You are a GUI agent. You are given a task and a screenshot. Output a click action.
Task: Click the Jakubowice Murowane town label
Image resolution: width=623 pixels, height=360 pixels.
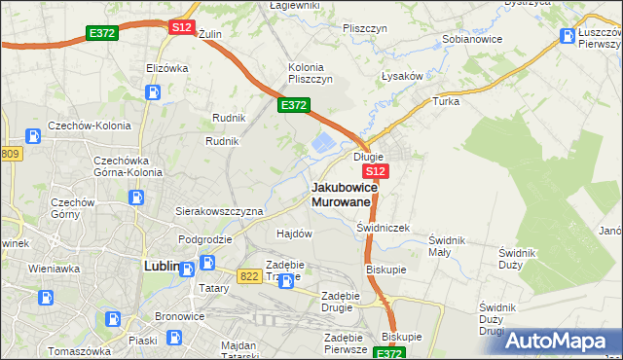(342, 194)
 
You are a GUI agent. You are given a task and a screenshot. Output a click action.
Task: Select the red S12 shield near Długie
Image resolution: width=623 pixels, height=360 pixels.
(378, 171)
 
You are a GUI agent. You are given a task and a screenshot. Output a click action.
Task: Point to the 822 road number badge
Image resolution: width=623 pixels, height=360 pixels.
(248, 275)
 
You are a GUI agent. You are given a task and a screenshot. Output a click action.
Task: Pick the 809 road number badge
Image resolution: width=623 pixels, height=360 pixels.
(10, 154)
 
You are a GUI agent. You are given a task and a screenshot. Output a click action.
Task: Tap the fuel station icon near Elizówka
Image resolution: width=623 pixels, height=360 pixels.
(152, 93)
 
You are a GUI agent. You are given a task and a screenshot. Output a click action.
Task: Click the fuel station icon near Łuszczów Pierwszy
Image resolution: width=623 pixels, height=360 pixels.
(568, 37)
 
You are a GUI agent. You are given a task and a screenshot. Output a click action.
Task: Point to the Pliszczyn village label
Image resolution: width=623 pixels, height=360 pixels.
(366, 28)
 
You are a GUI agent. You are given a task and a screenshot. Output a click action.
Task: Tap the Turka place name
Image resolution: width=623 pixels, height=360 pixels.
(446, 101)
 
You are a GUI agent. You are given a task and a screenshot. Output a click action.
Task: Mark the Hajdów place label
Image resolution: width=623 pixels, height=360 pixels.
(294, 234)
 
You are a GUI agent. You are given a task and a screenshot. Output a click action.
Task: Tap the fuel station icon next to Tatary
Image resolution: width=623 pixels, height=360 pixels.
(208, 263)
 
